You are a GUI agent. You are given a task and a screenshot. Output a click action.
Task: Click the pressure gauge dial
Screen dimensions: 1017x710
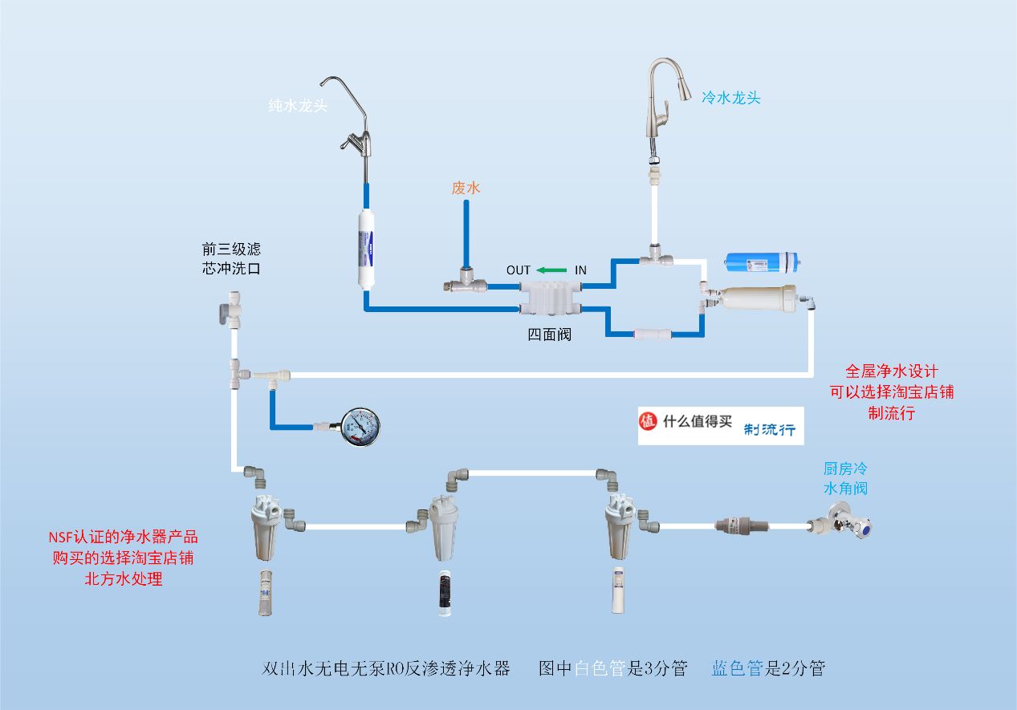point(360,427)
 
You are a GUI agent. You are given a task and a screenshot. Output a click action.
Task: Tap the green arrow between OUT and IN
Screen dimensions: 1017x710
point(551,270)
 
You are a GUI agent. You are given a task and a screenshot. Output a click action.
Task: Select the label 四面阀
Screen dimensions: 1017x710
point(549,335)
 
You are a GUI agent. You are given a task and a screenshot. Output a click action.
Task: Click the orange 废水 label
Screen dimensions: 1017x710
point(466,188)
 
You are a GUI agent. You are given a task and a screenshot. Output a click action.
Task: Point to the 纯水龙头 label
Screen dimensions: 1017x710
point(298,106)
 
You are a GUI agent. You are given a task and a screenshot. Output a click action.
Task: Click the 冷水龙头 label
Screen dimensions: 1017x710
point(730,98)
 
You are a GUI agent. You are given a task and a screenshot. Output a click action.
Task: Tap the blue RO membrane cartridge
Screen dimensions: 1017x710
point(763,262)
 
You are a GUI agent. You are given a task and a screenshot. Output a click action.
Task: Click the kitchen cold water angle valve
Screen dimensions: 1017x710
point(842,521)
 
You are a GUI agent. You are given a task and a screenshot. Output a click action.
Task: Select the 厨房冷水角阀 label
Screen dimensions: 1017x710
point(845,478)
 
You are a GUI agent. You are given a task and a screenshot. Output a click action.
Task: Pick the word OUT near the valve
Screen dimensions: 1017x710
point(518,270)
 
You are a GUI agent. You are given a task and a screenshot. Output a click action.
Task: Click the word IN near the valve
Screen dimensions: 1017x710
point(580,270)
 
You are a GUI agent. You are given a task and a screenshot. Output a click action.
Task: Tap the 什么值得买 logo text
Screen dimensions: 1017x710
point(698,421)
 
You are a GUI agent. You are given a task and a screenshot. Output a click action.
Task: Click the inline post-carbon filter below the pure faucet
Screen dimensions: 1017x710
point(366,250)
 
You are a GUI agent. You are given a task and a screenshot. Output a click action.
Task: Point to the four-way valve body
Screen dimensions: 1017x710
point(550,298)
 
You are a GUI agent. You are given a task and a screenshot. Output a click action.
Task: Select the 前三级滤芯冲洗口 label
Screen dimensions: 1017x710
point(231,258)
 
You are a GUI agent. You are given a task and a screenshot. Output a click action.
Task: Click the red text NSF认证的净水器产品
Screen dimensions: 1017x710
point(123,538)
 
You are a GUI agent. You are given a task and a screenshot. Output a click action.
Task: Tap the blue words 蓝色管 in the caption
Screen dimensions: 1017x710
point(737,668)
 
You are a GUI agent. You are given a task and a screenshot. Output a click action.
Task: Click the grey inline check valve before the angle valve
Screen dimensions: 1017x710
point(742,525)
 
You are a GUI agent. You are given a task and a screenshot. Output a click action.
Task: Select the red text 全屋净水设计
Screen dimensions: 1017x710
point(891,371)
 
